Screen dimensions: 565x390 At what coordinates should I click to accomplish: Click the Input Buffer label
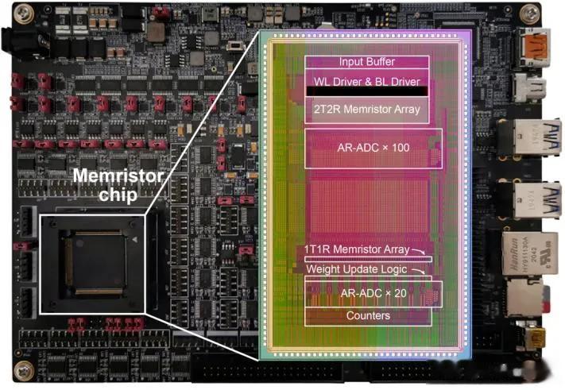point(367,62)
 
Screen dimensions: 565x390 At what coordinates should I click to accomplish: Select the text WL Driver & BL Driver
point(367,82)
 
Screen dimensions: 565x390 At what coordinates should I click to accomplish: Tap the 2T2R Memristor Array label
point(367,109)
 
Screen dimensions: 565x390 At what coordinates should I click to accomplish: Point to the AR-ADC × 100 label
point(373,148)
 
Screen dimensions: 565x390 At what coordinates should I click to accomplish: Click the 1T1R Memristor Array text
point(357,249)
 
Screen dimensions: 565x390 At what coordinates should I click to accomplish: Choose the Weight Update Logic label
point(357,269)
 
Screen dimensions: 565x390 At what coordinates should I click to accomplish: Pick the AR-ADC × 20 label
point(373,293)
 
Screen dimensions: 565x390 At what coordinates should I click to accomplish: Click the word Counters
point(368,315)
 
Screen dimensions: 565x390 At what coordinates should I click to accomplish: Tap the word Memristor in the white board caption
point(118,176)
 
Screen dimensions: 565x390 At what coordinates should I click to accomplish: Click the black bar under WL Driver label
point(367,91)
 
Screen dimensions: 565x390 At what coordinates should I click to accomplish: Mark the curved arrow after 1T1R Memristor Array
point(418,251)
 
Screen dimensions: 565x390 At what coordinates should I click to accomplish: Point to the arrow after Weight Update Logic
point(418,271)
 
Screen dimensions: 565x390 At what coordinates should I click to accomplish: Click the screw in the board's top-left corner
point(24,14)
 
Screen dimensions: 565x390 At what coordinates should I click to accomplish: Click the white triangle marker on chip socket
point(134,239)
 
